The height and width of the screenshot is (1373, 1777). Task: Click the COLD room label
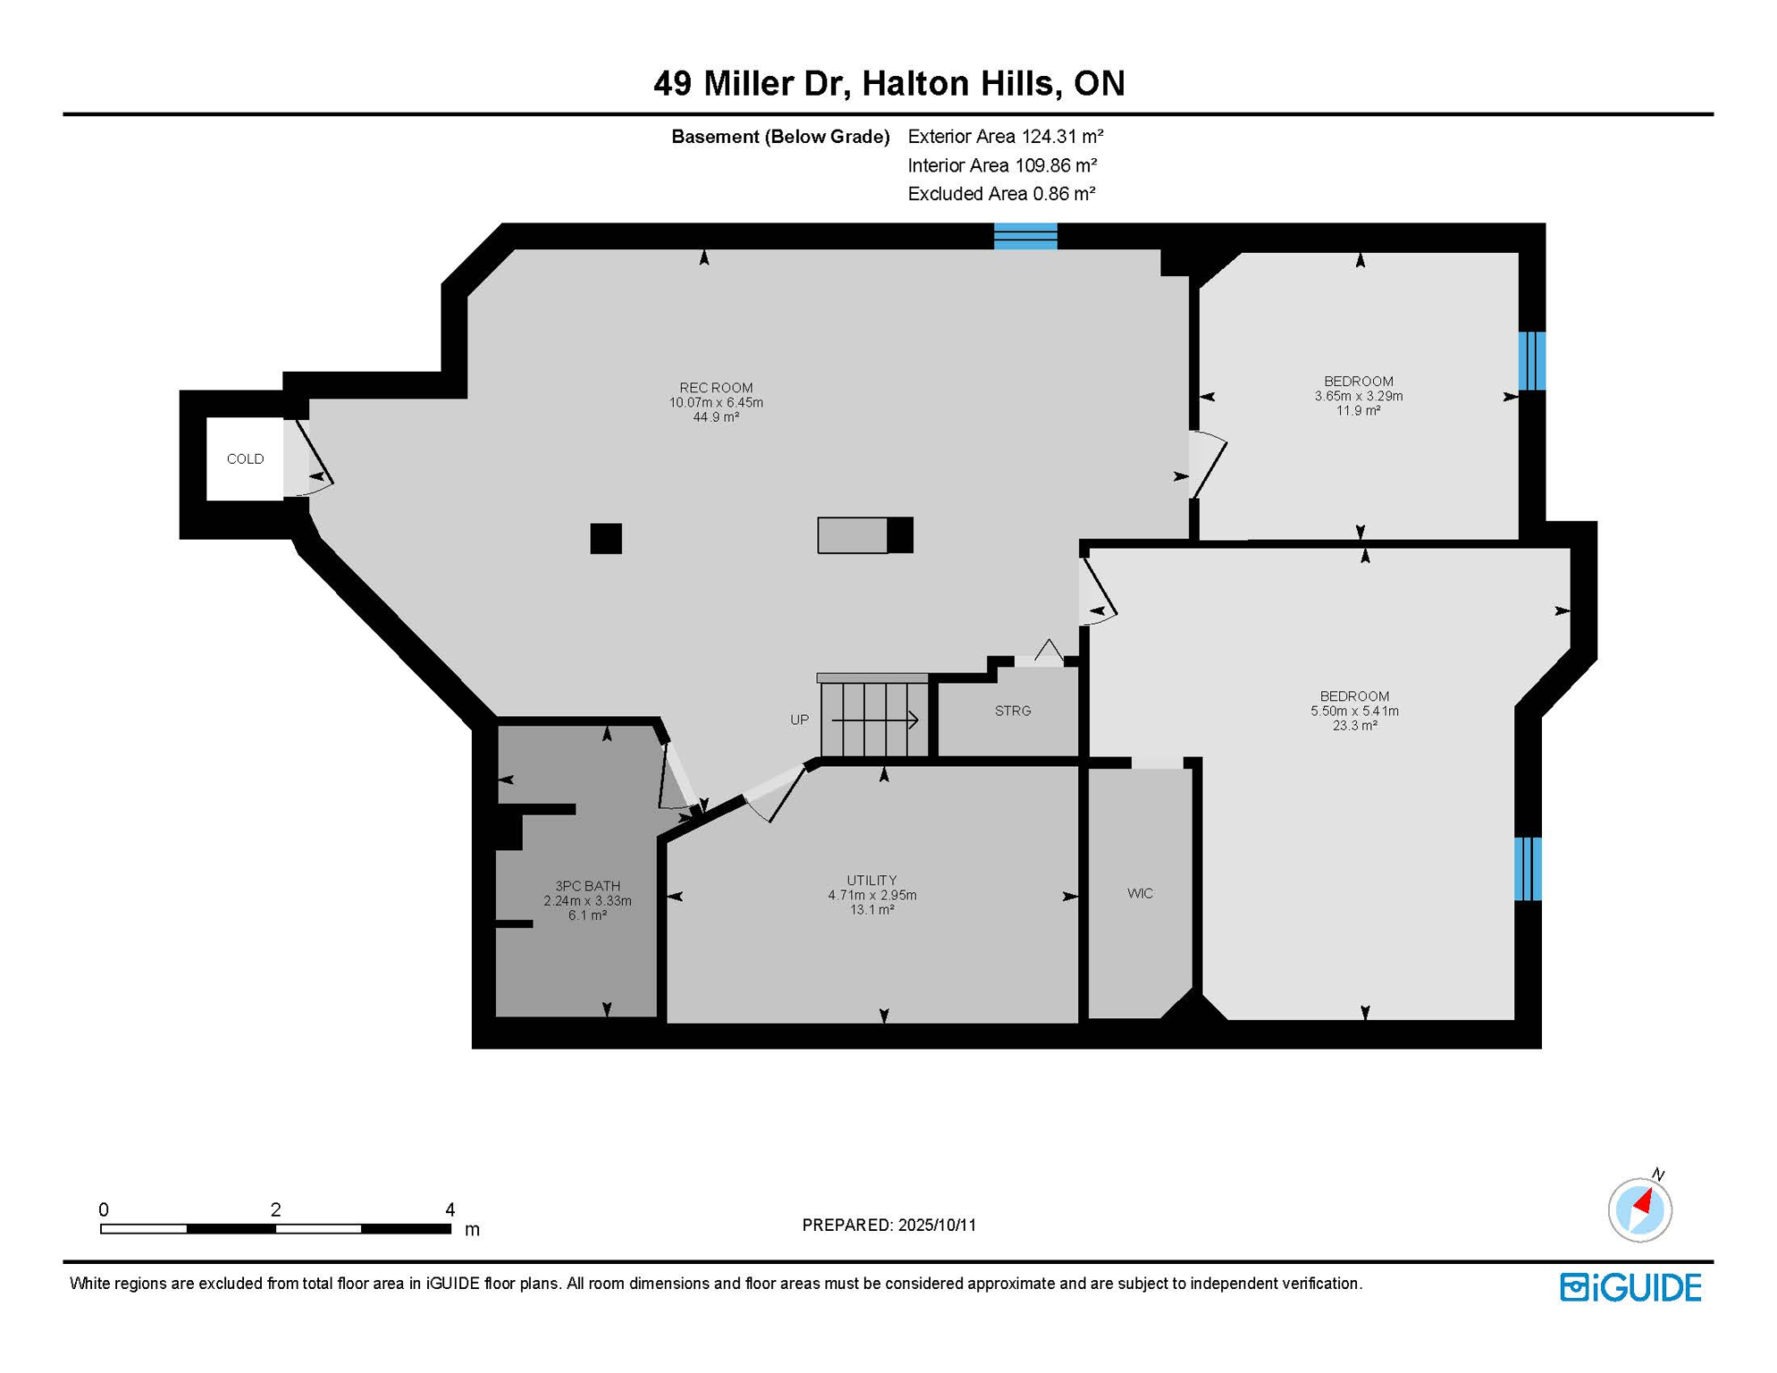(245, 459)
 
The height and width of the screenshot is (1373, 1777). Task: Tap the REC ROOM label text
(716, 387)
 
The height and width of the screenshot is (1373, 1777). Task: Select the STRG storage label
(1013, 711)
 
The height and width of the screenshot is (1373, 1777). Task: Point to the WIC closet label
(1140, 893)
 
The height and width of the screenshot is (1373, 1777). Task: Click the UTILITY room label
(872, 880)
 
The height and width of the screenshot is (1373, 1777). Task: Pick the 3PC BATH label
(587, 886)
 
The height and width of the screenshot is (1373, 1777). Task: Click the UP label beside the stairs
(799, 720)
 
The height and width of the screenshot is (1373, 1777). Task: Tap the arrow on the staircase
(875, 720)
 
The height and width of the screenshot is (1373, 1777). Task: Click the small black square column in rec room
(606, 538)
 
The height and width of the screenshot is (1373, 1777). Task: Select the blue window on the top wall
(1025, 236)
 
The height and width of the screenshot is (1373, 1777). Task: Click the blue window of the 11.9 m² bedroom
(1532, 361)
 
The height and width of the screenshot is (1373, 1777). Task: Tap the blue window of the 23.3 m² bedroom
(1528, 869)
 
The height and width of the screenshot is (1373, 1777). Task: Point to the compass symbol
(1639, 1209)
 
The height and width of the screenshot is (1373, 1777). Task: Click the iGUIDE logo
(1630, 1287)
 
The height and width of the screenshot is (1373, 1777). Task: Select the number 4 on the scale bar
(450, 1209)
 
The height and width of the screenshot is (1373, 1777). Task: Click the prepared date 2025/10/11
(938, 1225)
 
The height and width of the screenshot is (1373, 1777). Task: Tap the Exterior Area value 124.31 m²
(1063, 137)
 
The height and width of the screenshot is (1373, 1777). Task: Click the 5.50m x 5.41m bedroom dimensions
(1354, 711)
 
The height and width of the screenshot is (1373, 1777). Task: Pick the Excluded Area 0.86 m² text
(1001, 194)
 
